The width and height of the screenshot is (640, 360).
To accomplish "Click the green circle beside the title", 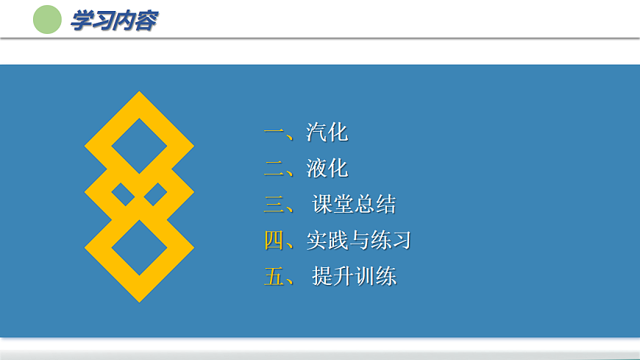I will pyautogui.click(x=47, y=20).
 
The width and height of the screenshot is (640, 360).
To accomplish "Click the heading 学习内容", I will pyautogui.click(x=113, y=21).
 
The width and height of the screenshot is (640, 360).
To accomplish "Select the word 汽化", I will pyautogui.click(x=327, y=133).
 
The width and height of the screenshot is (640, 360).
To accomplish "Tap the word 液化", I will pyautogui.click(x=327, y=169).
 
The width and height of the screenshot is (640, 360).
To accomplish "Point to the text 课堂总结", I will pyautogui.click(x=354, y=205).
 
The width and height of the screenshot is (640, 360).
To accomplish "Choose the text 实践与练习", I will pyautogui.click(x=358, y=240).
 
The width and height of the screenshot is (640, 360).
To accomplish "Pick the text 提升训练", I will pyautogui.click(x=354, y=277).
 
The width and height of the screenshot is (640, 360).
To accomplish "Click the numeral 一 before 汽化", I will pyautogui.click(x=274, y=133).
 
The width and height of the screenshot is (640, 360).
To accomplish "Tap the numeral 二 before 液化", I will pyautogui.click(x=274, y=169).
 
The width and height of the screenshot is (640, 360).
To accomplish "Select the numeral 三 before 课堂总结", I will pyautogui.click(x=274, y=205).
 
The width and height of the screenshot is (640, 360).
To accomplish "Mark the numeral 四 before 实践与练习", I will pyautogui.click(x=274, y=240).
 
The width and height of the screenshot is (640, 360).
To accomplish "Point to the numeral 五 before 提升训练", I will pyautogui.click(x=274, y=277).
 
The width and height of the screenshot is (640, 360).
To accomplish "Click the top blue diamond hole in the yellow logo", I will pyautogui.click(x=139, y=145).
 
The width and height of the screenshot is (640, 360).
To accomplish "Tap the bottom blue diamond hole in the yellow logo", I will pyautogui.click(x=139, y=247).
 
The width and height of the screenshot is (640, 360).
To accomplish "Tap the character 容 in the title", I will pyautogui.click(x=146, y=21).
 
